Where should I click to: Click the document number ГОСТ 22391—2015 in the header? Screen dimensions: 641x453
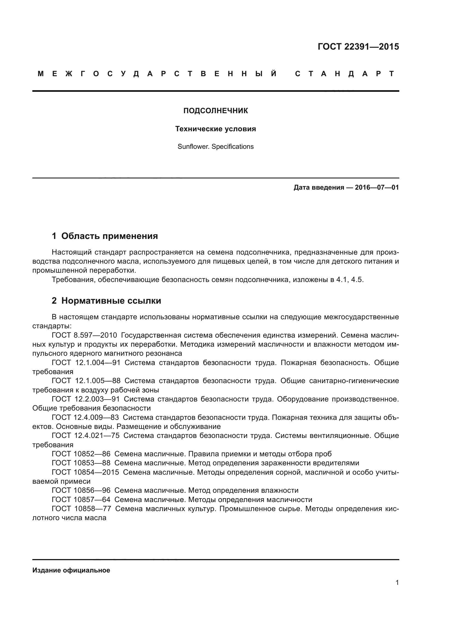coord(358,47)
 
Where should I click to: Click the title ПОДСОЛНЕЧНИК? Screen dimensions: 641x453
coord(215,111)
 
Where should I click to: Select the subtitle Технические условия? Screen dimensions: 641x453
coord(215,129)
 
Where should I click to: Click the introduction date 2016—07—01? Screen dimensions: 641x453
coord(377,187)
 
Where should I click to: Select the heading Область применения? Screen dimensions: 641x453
coord(109,236)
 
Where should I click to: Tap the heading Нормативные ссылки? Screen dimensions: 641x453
coord(111,301)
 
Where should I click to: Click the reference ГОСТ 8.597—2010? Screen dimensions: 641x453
coord(84,335)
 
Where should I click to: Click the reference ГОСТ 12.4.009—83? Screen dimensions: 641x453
coord(85,417)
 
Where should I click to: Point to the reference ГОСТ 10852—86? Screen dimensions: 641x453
coord(81,454)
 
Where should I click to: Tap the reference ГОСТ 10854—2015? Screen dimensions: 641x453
coord(85,472)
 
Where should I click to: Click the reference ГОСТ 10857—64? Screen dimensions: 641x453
coord(81,500)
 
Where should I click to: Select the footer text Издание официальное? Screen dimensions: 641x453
coord(71,570)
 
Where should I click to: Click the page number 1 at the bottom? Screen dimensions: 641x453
coord(397,583)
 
